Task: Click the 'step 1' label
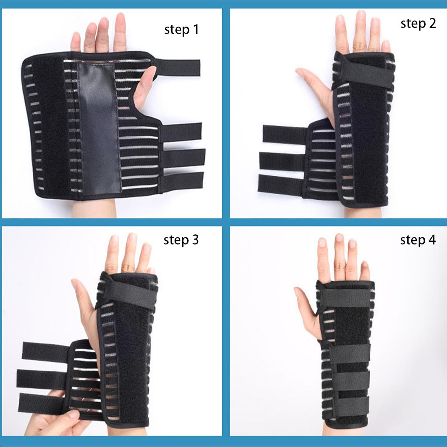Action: (x=181, y=30)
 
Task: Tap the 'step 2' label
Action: (x=418, y=24)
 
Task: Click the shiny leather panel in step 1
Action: (x=99, y=127)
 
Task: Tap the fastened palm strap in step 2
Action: (x=362, y=72)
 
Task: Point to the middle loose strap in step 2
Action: (x=282, y=160)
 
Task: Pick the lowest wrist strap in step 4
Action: (x=349, y=406)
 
